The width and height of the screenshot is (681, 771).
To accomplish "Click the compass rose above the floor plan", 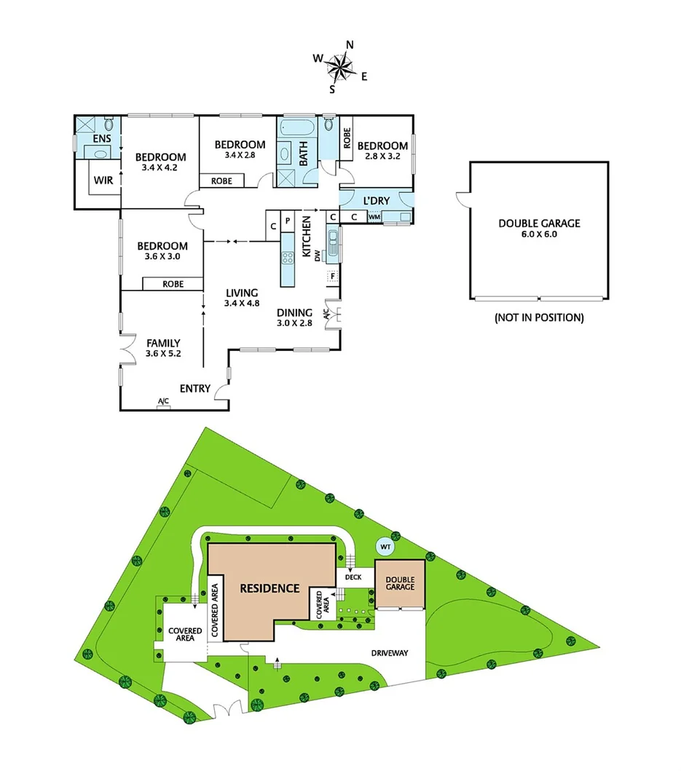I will pyautogui.click(x=339, y=67).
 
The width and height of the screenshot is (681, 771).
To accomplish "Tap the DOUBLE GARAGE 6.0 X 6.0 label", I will pyautogui.click(x=539, y=229).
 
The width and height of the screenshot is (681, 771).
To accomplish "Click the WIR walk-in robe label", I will pyautogui.click(x=103, y=180).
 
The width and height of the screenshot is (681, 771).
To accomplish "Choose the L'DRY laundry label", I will pyautogui.click(x=376, y=201).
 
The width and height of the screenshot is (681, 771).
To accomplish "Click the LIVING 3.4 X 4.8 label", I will pyautogui.click(x=242, y=298).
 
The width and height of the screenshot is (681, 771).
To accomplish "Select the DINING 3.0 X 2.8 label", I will pyautogui.click(x=294, y=317).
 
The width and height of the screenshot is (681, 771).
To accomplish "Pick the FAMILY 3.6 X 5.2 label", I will pyautogui.click(x=163, y=348).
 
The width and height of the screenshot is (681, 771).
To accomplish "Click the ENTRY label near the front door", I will pyautogui.click(x=194, y=389).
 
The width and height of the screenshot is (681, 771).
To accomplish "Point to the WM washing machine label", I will pyautogui.click(x=374, y=216).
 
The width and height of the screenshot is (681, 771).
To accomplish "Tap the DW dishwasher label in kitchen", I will pyautogui.click(x=317, y=255).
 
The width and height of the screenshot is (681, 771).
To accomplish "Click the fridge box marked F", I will pyautogui.click(x=332, y=276).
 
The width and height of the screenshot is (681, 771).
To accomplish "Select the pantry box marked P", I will pyautogui.click(x=287, y=220).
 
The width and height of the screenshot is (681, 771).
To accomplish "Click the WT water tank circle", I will pyautogui.click(x=383, y=545).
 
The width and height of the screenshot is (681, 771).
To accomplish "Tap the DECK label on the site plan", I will pyautogui.click(x=354, y=577).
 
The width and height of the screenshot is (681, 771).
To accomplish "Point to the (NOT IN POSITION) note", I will pyautogui.click(x=539, y=317).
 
